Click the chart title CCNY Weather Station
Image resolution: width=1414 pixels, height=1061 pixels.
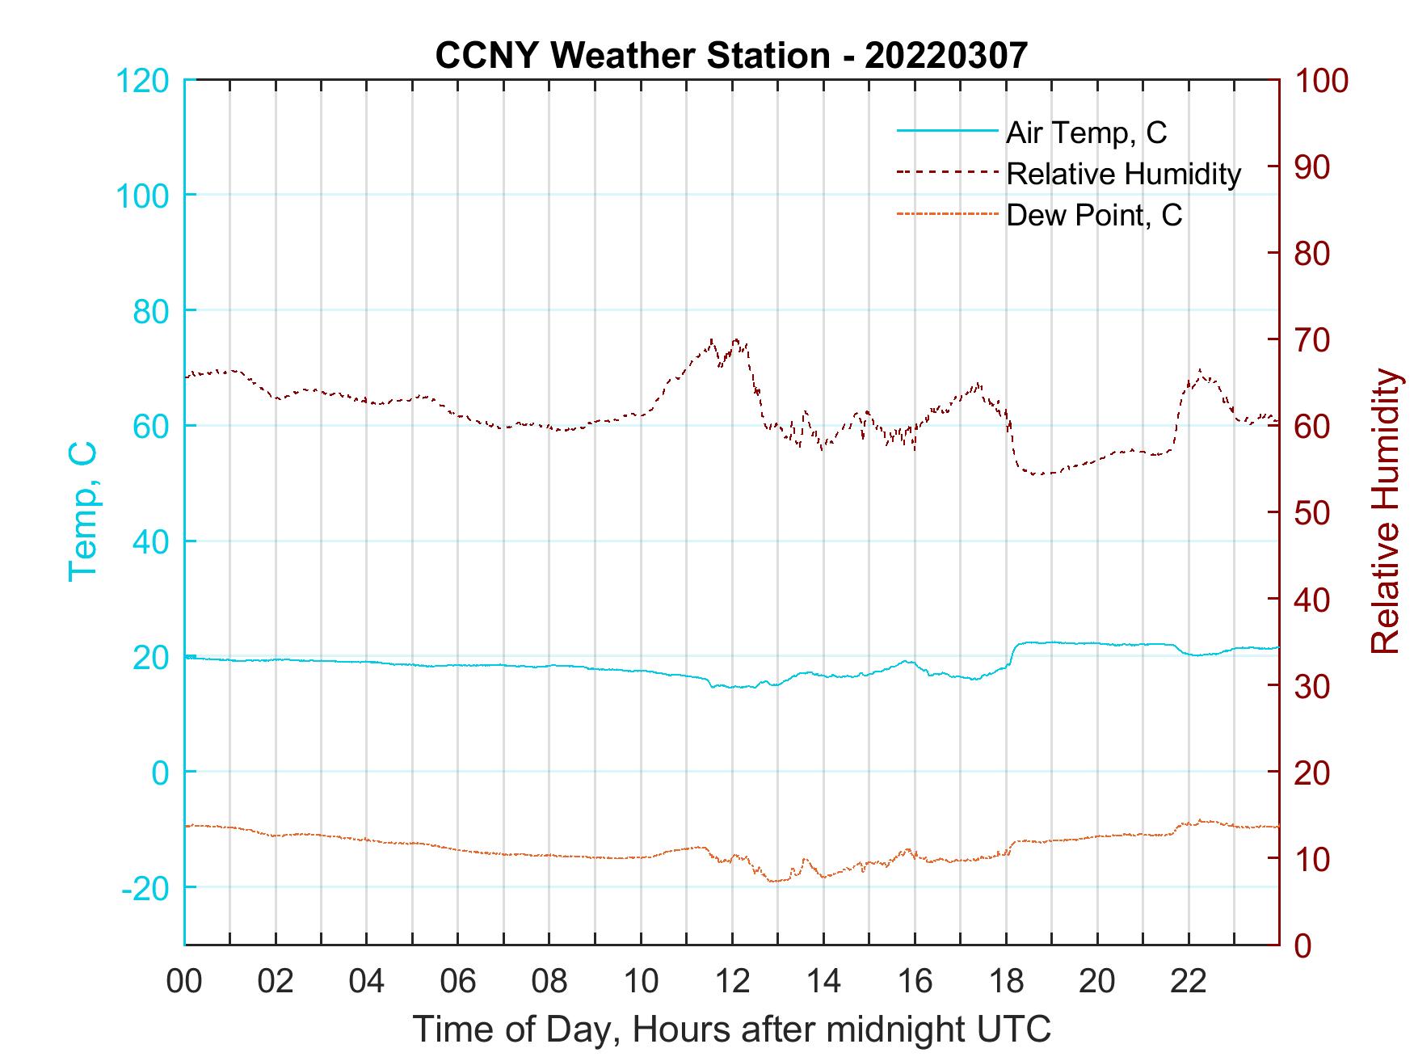[x=731, y=55]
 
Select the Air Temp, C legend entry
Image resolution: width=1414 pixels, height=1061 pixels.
[x=1085, y=133]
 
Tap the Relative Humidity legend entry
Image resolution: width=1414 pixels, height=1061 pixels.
[x=1123, y=174]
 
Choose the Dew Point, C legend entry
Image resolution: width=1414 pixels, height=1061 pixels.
[x=1093, y=215]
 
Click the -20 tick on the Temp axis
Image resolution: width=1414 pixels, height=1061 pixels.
[x=145, y=888]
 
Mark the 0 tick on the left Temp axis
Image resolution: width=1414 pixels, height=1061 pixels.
[x=162, y=773]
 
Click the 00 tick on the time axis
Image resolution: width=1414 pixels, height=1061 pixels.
[x=184, y=982]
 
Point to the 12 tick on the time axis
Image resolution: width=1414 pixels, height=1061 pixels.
[x=732, y=982]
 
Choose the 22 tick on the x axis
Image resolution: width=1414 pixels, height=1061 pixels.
[x=1189, y=982]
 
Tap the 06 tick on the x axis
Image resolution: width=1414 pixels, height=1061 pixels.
[x=458, y=982]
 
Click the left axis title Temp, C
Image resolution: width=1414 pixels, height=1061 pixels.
[x=82, y=512]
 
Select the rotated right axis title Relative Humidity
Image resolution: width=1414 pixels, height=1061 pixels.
[x=1385, y=512]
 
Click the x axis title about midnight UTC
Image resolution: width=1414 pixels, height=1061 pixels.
[x=732, y=1029]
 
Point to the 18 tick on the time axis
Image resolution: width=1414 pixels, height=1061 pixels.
[x=1006, y=982]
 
